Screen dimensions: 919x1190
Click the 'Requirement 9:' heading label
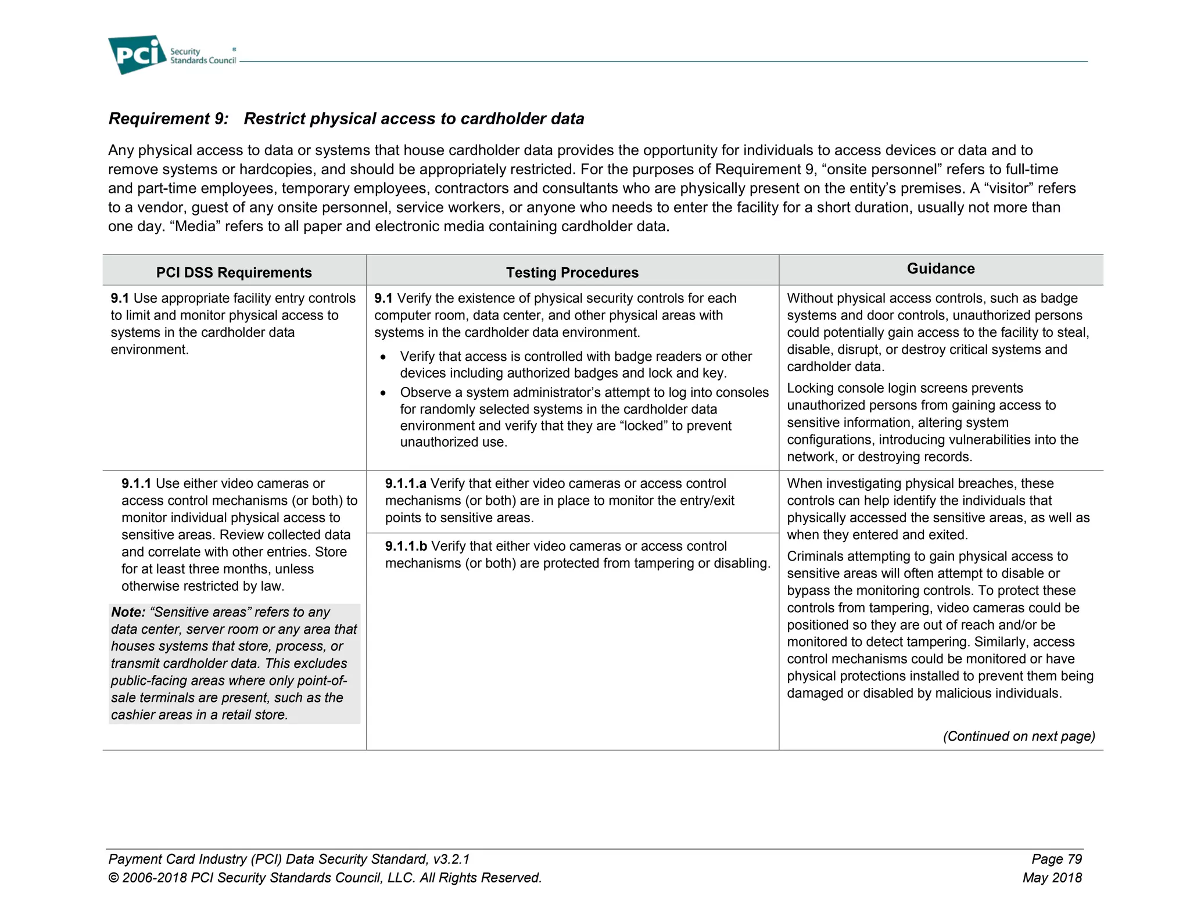coord(169,119)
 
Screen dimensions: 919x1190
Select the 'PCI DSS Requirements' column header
coord(234,272)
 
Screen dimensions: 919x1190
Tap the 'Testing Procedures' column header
coord(572,272)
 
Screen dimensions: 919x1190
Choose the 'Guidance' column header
coord(940,268)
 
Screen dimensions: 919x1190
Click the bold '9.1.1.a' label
coord(406,484)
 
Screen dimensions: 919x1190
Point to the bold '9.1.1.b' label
coord(406,546)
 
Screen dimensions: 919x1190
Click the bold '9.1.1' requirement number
coord(136,484)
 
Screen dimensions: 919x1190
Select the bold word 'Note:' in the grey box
coord(128,612)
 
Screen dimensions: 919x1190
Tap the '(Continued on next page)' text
coord(1019,736)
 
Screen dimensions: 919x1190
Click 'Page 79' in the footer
coord(1056,859)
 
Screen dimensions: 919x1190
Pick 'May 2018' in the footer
coord(1052,878)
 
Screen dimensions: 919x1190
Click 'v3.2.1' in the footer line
coord(451,859)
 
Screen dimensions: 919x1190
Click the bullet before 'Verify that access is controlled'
coord(383,357)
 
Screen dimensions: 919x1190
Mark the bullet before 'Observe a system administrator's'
coord(383,393)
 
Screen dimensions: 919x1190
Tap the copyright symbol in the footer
coord(113,878)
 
